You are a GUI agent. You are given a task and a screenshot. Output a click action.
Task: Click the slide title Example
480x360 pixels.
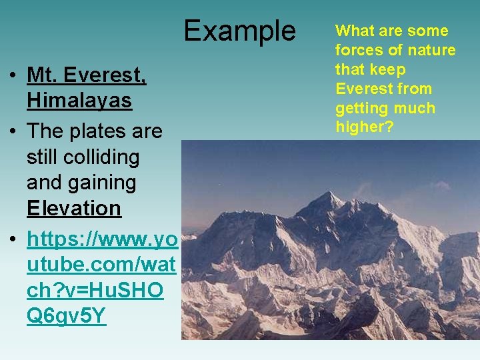[x=239, y=31]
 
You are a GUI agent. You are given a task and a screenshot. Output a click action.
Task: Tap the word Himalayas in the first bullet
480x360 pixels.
[x=79, y=101]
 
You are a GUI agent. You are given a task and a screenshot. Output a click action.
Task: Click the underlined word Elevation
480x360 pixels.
[x=74, y=208]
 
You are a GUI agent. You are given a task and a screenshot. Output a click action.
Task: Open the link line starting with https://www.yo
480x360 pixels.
[x=102, y=239]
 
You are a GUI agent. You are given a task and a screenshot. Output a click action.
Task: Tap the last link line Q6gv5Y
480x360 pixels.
[x=66, y=315]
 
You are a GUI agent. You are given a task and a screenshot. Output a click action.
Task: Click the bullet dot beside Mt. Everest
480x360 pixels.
[x=13, y=76]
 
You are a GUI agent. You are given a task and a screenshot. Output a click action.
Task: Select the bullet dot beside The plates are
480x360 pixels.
[x=13, y=132]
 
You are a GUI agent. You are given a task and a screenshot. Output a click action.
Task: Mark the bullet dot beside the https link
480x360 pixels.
[x=13, y=240]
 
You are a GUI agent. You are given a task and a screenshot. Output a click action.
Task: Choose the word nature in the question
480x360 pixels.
[x=433, y=50]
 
